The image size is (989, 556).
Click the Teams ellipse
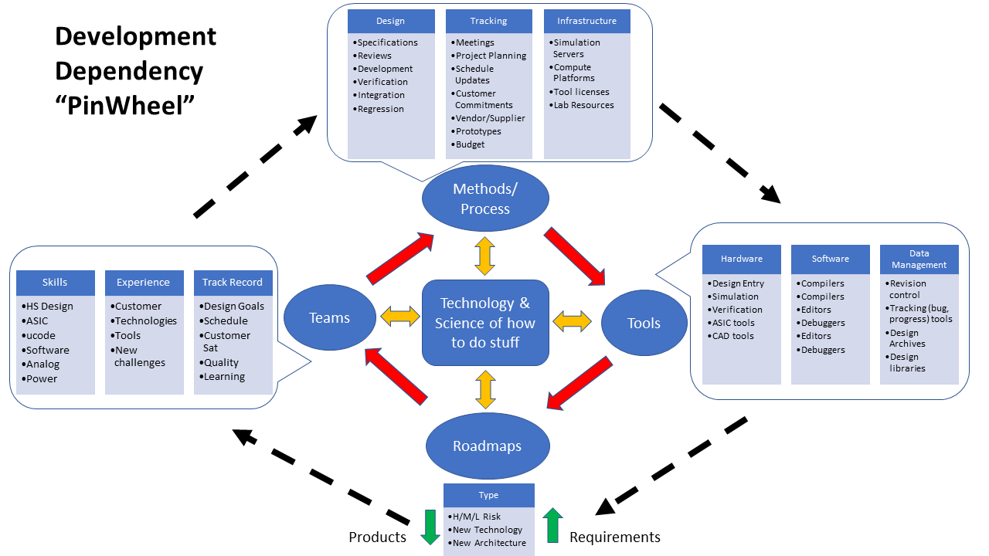click(x=329, y=317)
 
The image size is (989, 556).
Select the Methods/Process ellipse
click(x=485, y=198)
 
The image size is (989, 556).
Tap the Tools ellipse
click(x=644, y=324)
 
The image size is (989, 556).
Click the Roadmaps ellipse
click(x=487, y=446)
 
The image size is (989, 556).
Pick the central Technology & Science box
click(x=485, y=322)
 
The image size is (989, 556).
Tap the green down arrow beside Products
click(x=430, y=526)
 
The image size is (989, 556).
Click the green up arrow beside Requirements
click(x=552, y=525)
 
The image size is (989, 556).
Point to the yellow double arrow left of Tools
click(x=572, y=322)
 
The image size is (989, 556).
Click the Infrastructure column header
click(x=586, y=21)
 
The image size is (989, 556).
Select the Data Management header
click(x=919, y=259)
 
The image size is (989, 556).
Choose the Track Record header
click(x=233, y=283)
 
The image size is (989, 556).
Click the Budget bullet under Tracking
click(x=470, y=144)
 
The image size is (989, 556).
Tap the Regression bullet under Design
click(x=380, y=109)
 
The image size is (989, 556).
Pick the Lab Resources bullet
click(x=583, y=105)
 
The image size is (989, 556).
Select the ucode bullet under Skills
click(x=37, y=335)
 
